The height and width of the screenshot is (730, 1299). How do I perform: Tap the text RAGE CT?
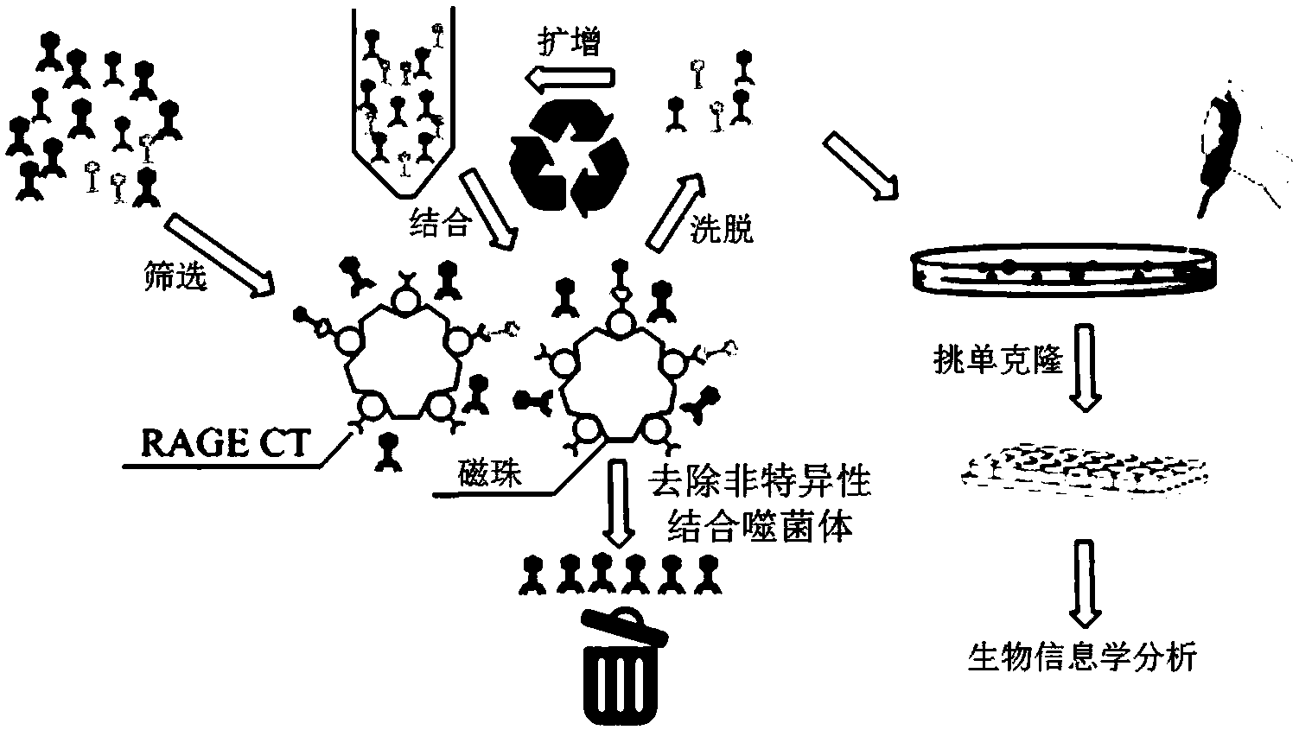(225, 444)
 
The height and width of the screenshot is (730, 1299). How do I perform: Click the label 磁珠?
(490, 473)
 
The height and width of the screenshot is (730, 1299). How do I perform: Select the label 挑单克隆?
(997, 361)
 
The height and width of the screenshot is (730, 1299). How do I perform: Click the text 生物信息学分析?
(1081, 658)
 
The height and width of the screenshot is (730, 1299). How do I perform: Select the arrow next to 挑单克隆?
(1086, 365)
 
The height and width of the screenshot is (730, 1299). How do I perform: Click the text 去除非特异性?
(759, 483)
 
